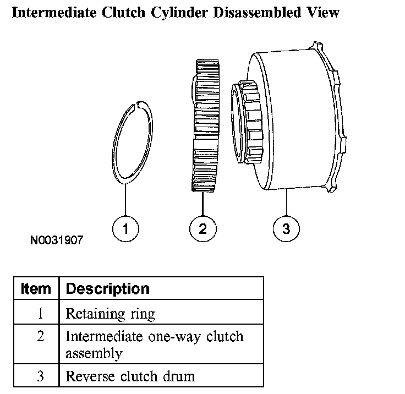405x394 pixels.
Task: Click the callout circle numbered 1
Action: pos(126,228)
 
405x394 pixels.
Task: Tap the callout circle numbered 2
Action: pos(203,228)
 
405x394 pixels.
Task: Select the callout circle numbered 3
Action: pos(286,228)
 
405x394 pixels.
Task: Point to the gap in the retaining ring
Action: pos(139,103)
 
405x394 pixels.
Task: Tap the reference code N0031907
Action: pos(58,240)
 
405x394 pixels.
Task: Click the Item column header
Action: pos(36,288)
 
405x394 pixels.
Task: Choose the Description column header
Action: pos(107,288)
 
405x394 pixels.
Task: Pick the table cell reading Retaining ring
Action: pos(110,314)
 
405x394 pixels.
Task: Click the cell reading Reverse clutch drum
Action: pos(130,376)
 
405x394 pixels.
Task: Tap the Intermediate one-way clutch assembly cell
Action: pos(154,344)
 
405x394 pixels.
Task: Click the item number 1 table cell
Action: pos(40,314)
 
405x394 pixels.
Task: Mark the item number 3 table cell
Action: pos(40,376)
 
